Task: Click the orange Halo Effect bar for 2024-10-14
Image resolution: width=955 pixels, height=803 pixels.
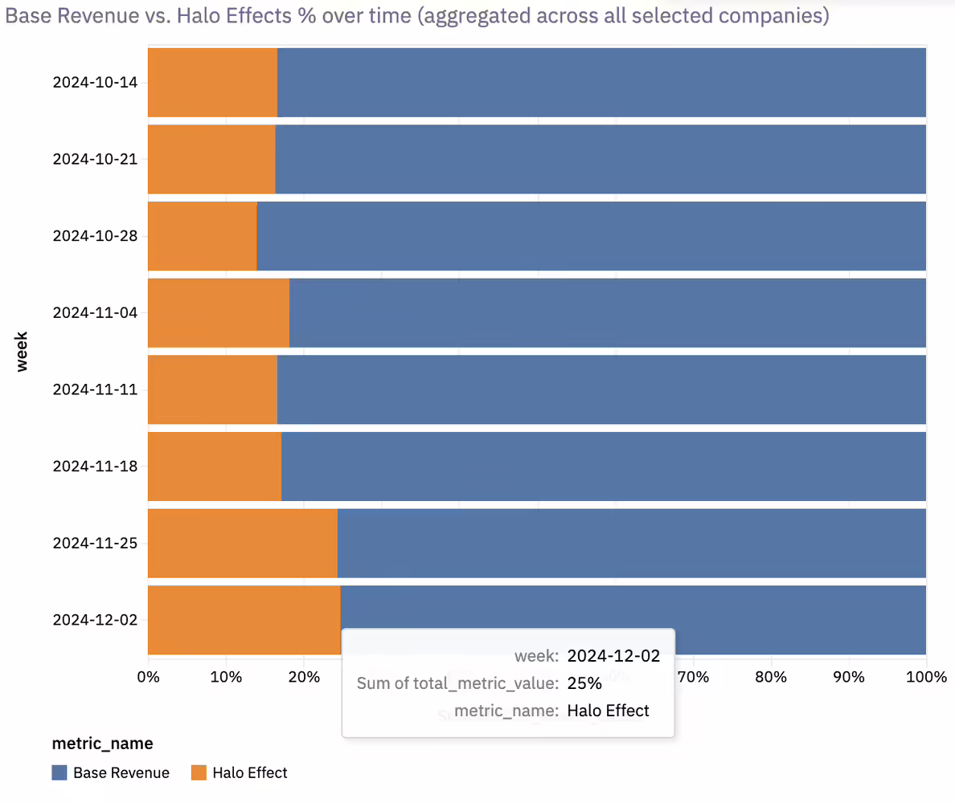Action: (212, 82)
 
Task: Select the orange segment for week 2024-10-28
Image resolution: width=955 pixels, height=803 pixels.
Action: (202, 235)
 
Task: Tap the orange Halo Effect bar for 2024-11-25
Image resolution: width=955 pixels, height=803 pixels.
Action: (242, 543)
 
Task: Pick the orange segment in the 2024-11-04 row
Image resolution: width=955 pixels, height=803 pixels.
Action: (218, 312)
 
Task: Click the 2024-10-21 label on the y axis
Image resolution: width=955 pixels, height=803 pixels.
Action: (95, 159)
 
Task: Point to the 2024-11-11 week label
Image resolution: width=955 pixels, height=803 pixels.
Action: (95, 389)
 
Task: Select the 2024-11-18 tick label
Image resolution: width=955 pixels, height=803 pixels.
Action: (95, 467)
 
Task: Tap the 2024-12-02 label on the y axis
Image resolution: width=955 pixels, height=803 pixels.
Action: (95, 620)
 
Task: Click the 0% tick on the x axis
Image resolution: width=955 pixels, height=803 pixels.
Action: (149, 677)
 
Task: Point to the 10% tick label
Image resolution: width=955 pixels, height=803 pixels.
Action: (226, 677)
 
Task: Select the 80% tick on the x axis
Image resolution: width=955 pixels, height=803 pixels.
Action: (771, 677)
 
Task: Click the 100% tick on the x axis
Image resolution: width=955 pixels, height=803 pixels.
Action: (926, 677)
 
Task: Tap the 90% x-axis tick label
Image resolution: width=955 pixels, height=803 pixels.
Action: (849, 677)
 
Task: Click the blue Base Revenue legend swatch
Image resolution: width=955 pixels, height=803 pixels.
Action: (59, 772)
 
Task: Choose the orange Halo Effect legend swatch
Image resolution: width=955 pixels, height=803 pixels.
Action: (199, 772)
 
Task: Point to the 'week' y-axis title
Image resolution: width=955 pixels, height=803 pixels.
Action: (22, 351)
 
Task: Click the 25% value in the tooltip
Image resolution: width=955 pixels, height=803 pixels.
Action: (584, 683)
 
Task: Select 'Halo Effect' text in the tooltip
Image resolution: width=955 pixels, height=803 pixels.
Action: (608, 711)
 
